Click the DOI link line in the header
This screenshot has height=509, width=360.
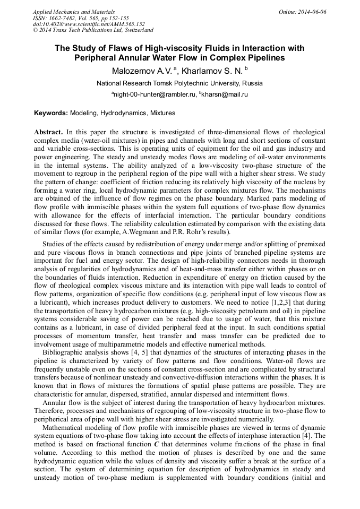click(x=89, y=24)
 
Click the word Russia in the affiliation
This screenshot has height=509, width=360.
click(x=252, y=83)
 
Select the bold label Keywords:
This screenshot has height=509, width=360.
click(x=51, y=113)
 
